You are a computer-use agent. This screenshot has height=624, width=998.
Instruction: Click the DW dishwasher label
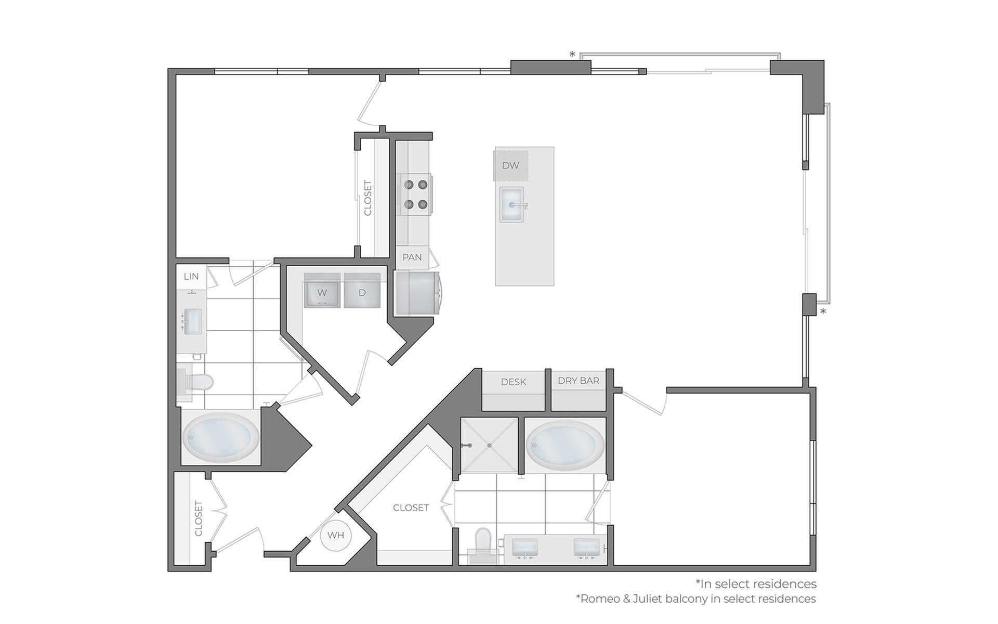[510, 165]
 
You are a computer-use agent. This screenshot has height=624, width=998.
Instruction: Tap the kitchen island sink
[511, 205]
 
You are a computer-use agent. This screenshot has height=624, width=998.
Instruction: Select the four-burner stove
[416, 194]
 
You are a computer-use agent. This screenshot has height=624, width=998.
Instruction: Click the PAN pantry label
[412, 257]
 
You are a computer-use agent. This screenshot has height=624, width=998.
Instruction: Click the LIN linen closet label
[191, 276]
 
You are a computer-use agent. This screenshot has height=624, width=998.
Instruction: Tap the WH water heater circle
[336, 535]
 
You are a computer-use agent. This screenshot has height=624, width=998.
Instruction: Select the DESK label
[514, 382]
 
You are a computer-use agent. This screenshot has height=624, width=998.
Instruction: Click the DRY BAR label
[579, 381]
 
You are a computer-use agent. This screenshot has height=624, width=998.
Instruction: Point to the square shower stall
[489, 445]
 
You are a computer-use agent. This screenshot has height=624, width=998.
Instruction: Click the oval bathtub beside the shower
[565, 445]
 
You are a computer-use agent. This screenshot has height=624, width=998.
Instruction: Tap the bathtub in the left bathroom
[221, 437]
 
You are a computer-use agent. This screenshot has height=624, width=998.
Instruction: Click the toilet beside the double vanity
[483, 544]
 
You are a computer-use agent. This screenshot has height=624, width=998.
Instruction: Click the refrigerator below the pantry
[416, 293]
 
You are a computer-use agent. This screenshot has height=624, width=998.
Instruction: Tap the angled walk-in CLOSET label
[411, 508]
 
